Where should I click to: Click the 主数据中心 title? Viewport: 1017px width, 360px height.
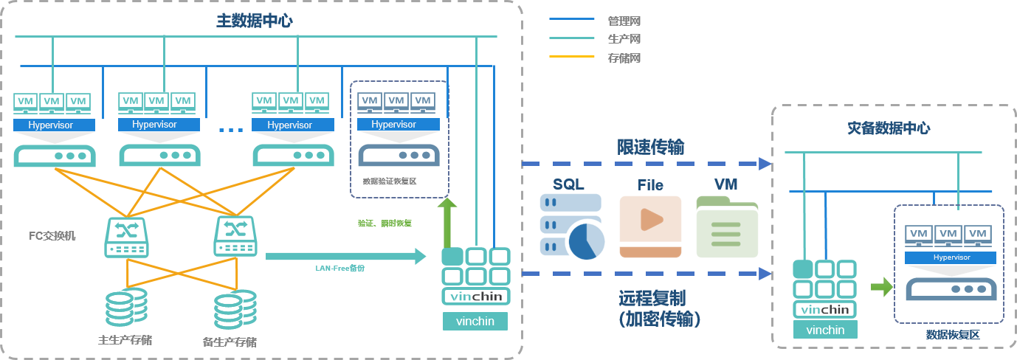(x=254, y=21)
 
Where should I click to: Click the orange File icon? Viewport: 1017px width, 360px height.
(x=650, y=226)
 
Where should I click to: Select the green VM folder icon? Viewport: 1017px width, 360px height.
(x=727, y=226)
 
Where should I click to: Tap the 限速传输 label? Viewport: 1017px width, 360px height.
(x=651, y=148)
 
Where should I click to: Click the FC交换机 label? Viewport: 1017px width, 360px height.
(x=52, y=237)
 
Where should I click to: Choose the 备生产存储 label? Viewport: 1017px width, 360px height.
(x=230, y=342)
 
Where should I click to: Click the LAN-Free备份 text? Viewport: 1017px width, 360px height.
(x=340, y=268)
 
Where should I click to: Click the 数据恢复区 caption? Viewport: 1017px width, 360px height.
(x=952, y=334)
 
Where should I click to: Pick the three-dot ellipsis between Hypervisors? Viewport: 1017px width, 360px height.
(x=231, y=131)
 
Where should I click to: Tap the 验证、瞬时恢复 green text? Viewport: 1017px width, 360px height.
(x=385, y=223)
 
